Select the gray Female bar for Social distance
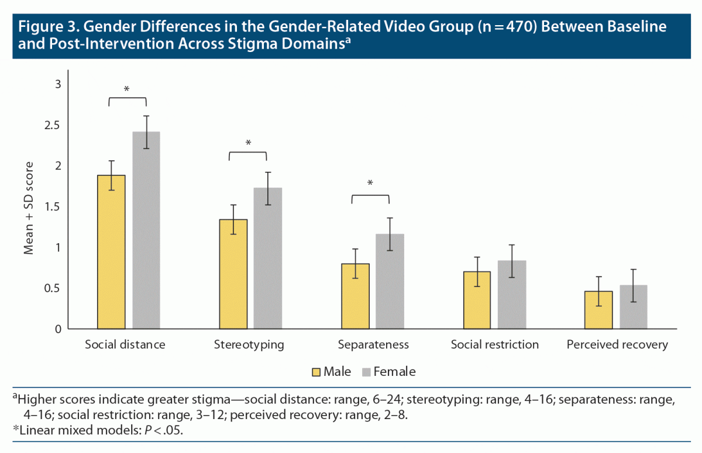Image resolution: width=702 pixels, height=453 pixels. (x=146, y=231)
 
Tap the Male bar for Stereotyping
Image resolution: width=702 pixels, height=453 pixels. (x=233, y=275)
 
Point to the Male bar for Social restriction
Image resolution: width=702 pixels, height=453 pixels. (x=477, y=300)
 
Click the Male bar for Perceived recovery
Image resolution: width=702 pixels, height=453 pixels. (x=598, y=310)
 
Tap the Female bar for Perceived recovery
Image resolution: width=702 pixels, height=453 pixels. (x=634, y=307)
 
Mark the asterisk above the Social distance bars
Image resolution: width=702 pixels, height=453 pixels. (x=127, y=89)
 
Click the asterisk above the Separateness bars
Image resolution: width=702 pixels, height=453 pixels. (x=370, y=184)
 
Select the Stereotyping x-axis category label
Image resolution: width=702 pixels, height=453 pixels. (x=250, y=345)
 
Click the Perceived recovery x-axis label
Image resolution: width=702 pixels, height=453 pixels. (x=617, y=345)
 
